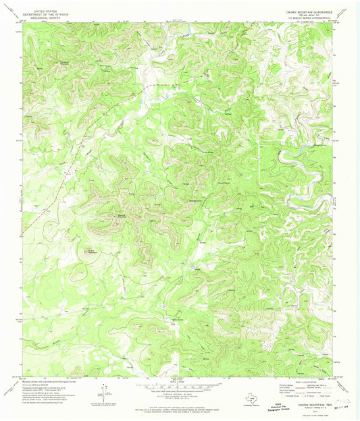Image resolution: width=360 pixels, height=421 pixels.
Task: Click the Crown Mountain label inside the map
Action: tap(122, 215)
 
